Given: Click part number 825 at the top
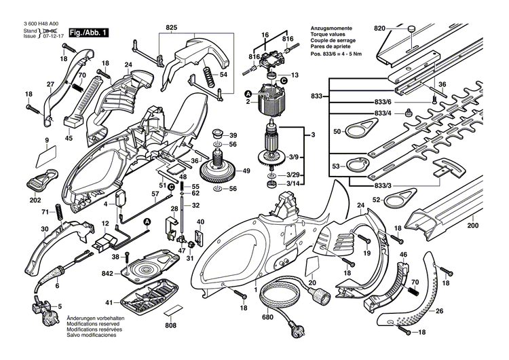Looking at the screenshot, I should pyautogui.click(x=170, y=28).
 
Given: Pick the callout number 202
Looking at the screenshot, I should pyautogui.click(x=35, y=201).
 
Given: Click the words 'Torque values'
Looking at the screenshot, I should pyautogui.click(x=328, y=33).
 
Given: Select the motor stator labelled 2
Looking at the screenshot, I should pyautogui.click(x=271, y=100).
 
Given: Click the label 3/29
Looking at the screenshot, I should pyautogui.click(x=294, y=175).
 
